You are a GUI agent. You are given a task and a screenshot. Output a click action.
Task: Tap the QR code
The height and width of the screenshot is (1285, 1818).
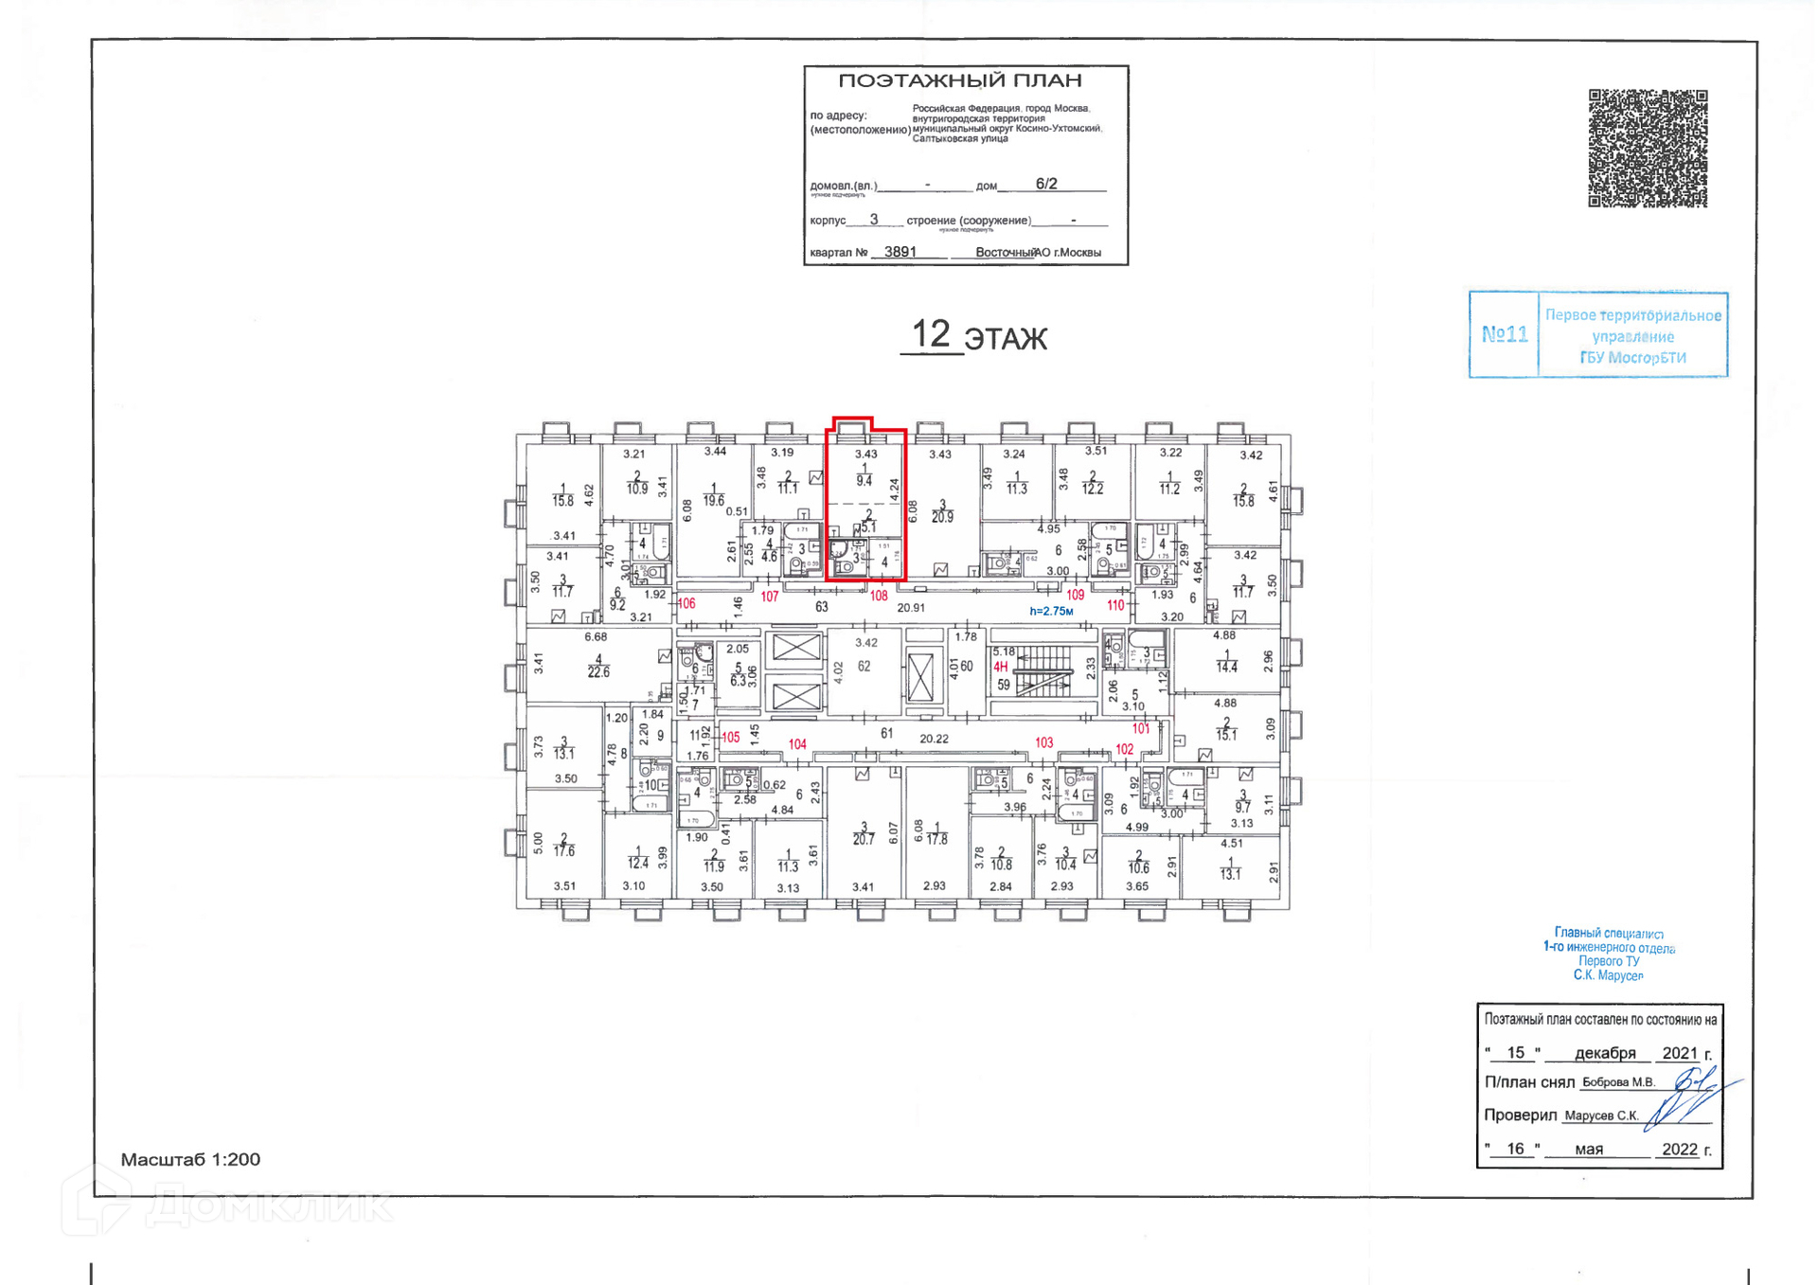coord(1647,149)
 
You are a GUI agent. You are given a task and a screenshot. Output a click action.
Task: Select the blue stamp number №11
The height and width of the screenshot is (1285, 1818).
coord(1504,334)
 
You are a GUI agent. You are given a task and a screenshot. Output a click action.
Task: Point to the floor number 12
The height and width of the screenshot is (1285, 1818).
coord(930,334)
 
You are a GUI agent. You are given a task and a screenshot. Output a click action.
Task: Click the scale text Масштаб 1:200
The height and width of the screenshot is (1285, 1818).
coord(190,1159)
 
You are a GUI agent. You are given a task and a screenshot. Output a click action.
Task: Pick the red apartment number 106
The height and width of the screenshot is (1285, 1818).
coord(686,603)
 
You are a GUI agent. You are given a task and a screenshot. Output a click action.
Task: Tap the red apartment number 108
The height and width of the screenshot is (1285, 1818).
coord(879,596)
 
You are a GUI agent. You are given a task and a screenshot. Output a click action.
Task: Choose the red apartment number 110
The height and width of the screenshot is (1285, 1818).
coord(1115,605)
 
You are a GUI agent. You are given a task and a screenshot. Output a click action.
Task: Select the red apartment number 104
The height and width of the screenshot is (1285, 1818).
coord(797,744)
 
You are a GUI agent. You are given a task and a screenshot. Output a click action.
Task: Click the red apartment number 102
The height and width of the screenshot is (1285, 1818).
coord(1124,749)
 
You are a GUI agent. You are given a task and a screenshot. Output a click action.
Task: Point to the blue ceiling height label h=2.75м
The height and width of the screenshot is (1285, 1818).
coord(1051,611)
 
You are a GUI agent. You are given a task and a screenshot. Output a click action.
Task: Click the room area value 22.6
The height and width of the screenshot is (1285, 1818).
coord(598,672)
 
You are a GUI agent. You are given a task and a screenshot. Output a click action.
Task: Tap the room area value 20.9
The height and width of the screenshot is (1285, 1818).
coord(942,517)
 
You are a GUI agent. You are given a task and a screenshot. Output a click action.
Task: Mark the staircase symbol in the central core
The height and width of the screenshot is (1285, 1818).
coord(1043,671)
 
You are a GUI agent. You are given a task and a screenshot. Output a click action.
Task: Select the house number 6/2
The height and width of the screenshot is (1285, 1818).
coord(1045,184)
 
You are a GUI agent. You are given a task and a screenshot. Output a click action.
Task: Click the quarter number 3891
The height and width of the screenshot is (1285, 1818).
coord(900,252)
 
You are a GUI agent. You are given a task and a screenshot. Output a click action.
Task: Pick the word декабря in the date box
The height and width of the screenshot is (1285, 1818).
coord(1605,1053)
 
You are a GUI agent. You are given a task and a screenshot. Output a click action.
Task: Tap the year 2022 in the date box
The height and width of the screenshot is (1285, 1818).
coord(1680,1149)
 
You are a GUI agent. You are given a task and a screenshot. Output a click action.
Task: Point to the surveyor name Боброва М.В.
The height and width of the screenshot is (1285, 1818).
coord(1618,1082)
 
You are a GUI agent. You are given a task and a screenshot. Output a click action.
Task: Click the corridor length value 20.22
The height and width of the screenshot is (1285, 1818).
coord(934,739)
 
